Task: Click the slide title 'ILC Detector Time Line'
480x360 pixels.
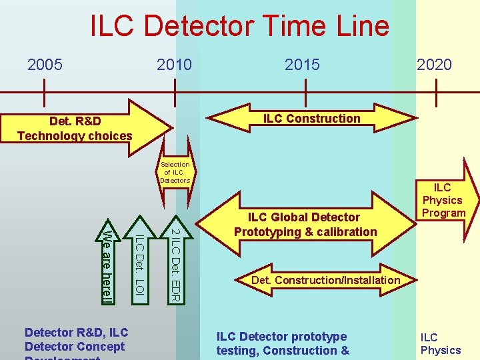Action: [x=239, y=26]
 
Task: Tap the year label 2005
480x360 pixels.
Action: [x=45, y=65]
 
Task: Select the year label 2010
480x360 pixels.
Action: [x=174, y=65]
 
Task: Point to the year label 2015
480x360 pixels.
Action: [x=302, y=65]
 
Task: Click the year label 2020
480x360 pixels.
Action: [x=434, y=65]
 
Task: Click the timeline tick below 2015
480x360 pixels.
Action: [x=305, y=92]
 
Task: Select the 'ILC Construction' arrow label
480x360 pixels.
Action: [x=311, y=119]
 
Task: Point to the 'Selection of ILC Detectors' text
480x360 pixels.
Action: [x=175, y=172]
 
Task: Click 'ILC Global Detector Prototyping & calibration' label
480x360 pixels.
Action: [x=305, y=225]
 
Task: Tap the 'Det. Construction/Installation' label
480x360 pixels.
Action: [x=325, y=280]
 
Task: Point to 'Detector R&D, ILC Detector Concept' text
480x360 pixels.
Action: [x=75, y=339]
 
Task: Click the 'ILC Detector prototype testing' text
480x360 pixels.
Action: [x=283, y=343]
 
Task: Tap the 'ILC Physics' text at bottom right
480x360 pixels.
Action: [x=440, y=344]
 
